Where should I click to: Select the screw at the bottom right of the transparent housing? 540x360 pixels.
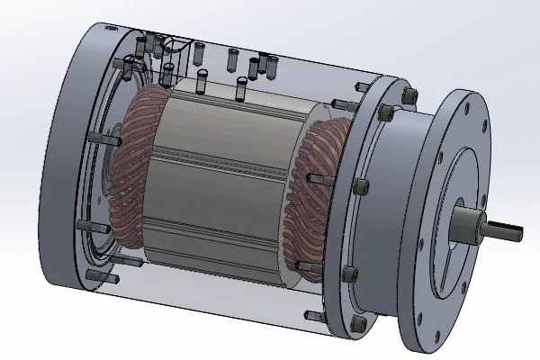click(313, 315)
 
